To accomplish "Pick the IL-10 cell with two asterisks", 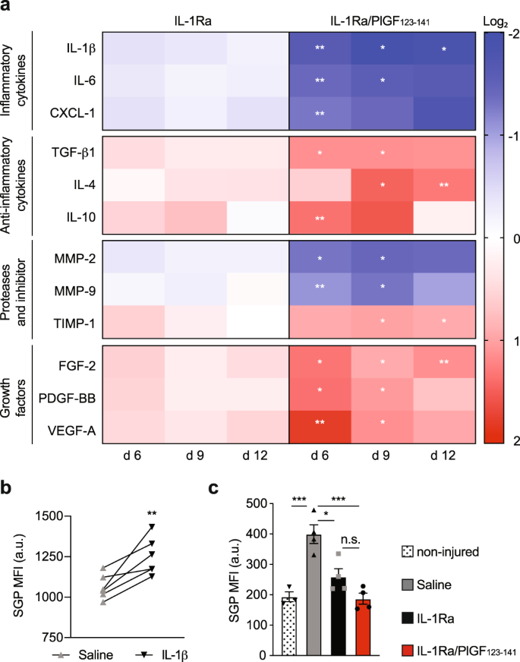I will pos(320,217).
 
